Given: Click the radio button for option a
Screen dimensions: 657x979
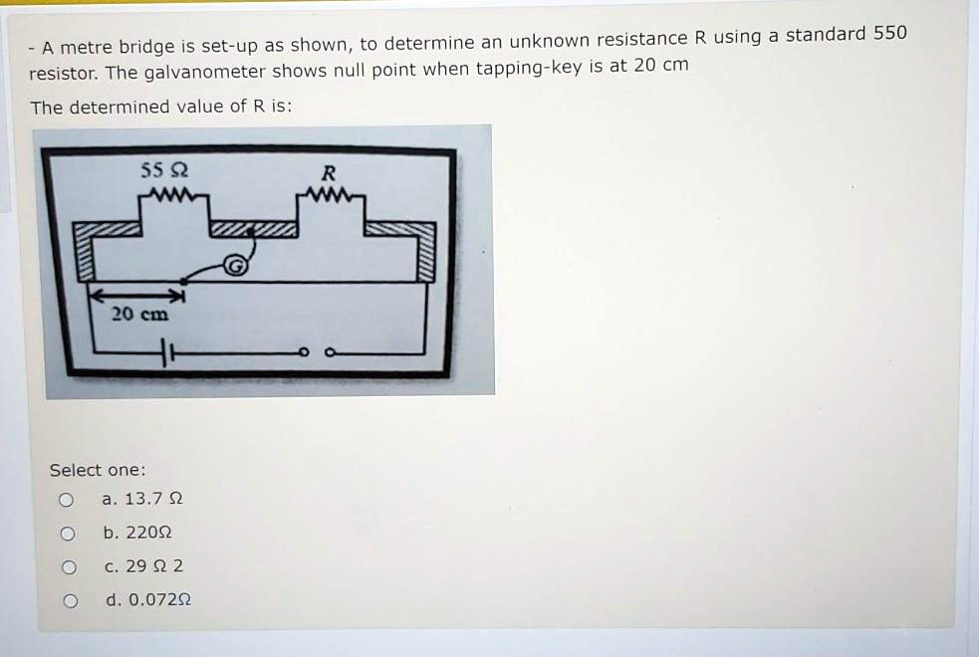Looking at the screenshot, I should (66, 500).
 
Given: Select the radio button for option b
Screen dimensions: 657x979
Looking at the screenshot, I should (66, 534).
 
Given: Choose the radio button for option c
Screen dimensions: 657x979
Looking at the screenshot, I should (66, 567).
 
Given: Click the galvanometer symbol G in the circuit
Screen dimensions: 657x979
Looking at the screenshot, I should (235, 266).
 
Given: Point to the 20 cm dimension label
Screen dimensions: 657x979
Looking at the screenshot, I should (140, 314).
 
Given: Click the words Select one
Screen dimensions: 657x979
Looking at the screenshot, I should (98, 470).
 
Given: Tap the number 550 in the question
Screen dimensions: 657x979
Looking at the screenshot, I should (889, 33).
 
